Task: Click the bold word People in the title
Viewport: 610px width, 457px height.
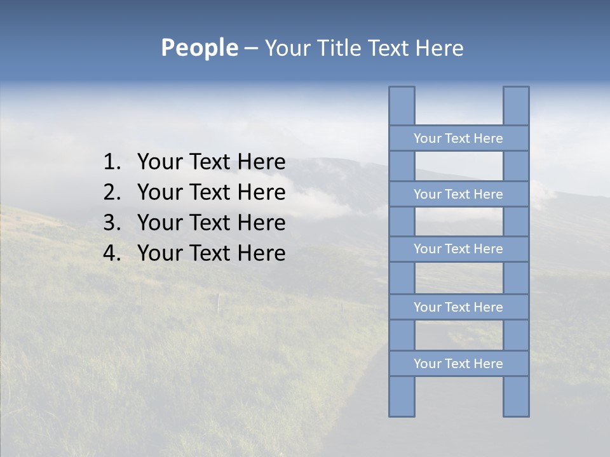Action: tap(199, 48)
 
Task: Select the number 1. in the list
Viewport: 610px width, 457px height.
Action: tap(112, 162)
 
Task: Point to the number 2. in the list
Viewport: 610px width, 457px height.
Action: tap(112, 192)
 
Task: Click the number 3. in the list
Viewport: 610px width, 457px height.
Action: tap(112, 223)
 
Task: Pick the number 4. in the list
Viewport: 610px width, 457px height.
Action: tap(112, 253)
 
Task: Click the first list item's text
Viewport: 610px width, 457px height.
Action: tap(211, 162)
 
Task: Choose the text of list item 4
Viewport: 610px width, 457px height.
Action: tap(211, 253)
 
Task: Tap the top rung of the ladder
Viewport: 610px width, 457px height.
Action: tap(458, 138)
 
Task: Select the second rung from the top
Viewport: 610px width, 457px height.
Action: tap(458, 194)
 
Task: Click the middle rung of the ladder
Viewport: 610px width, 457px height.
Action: tap(458, 249)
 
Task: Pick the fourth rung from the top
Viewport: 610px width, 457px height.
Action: tap(458, 307)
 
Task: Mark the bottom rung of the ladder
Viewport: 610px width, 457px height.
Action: tap(458, 364)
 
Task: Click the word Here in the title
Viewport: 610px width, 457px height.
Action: tap(439, 48)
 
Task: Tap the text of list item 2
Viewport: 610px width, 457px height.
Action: tap(211, 192)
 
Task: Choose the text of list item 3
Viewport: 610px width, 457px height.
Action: tap(211, 223)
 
